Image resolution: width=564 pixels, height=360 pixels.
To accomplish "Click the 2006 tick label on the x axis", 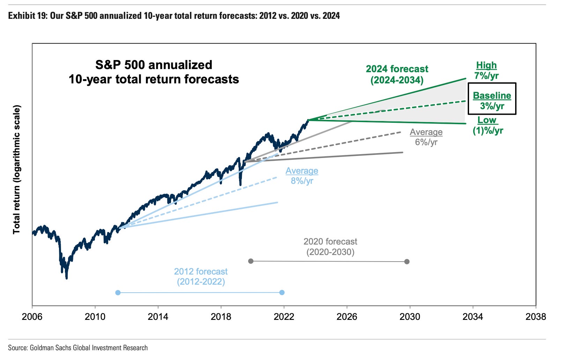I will click(32, 316).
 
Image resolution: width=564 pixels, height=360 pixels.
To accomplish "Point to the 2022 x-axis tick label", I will click(284, 316).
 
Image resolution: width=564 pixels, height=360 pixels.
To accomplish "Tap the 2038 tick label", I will click(535, 316).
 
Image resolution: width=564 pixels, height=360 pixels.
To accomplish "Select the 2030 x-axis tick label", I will click(410, 316).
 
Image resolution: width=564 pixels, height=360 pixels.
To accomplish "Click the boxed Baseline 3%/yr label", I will click(492, 100).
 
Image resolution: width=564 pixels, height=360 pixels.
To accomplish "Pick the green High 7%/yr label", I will click(487, 70).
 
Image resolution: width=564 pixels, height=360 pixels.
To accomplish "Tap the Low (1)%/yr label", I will click(488, 125).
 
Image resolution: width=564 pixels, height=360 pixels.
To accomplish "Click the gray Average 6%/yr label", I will click(426, 137).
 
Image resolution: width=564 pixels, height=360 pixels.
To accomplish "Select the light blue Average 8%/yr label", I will click(302, 175).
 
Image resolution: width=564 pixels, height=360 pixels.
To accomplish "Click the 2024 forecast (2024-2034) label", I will click(397, 74).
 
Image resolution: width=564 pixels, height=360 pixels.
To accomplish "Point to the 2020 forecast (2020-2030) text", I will click(330, 247).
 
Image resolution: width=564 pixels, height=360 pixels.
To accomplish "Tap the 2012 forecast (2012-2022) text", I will click(201, 277).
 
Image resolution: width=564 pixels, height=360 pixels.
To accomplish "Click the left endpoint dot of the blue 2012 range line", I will click(118, 292).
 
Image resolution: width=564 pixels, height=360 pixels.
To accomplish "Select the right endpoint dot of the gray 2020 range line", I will click(407, 262).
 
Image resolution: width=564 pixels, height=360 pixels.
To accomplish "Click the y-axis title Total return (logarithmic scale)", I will click(16, 170).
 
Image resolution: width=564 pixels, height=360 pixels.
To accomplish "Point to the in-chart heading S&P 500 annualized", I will click(154, 65).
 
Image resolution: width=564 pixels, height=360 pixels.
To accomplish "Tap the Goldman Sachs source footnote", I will click(78, 348).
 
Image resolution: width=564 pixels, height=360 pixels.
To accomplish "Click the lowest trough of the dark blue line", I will click(66, 278).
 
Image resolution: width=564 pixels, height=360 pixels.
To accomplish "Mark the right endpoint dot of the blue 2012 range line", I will click(282, 292).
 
